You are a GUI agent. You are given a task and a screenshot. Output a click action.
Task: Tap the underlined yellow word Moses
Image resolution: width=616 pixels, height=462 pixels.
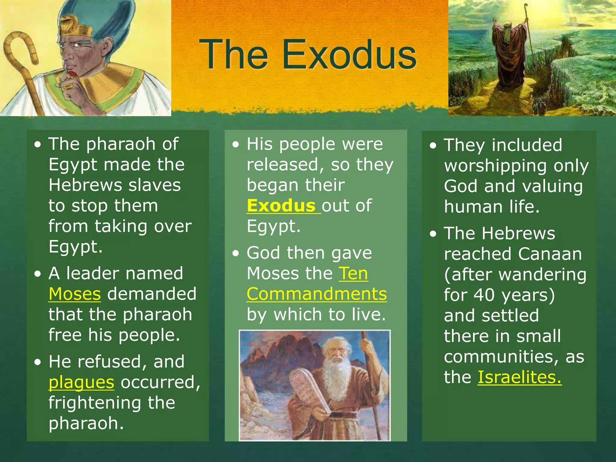(x=75, y=294)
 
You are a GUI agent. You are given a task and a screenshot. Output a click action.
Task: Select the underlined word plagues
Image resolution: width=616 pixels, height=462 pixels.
(x=81, y=382)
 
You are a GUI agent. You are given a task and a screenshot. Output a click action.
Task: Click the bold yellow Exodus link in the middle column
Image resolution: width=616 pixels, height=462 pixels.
(x=281, y=206)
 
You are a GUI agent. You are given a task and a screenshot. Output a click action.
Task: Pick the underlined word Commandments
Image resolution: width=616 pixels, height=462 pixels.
(x=316, y=294)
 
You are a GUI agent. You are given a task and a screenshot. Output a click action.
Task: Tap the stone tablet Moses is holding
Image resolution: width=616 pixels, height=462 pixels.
(x=310, y=391)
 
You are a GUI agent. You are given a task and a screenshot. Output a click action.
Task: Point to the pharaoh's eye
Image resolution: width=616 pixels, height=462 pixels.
(x=79, y=45)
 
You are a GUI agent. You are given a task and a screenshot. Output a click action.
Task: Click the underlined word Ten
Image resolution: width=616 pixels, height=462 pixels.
(x=353, y=273)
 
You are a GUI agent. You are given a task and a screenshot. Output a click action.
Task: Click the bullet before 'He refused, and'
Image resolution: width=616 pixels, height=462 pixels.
(x=37, y=362)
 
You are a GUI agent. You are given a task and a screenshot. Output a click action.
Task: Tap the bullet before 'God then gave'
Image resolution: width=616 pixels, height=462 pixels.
(x=236, y=253)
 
